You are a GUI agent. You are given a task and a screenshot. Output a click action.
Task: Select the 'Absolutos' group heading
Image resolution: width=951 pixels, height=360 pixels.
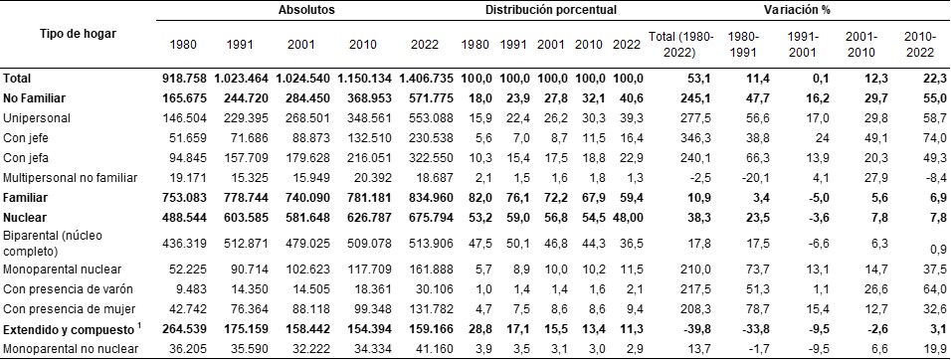pos(305,9)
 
